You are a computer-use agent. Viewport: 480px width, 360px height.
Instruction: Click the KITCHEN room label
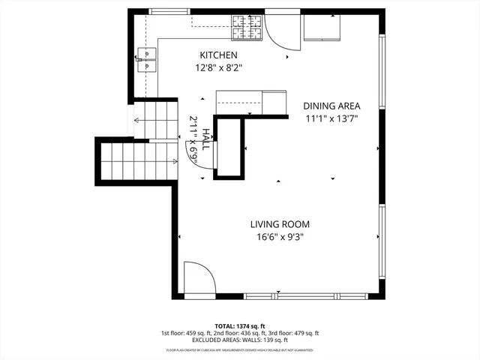pyautogui.click(x=218, y=55)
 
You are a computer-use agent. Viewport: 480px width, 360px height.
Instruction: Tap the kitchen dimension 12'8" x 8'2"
pyautogui.click(x=218, y=67)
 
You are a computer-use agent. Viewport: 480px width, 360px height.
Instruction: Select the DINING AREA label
pyautogui.click(x=332, y=106)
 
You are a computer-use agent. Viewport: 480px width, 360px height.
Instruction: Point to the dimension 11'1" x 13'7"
pyautogui.click(x=331, y=118)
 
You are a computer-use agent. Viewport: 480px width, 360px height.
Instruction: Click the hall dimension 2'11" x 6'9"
pyautogui.click(x=193, y=139)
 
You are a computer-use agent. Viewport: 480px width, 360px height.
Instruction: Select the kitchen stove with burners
pyautogui.click(x=247, y=28)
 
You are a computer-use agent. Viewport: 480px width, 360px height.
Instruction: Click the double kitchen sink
pyautogui.click(x=147, y=59)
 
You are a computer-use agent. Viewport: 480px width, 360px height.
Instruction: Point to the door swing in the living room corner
pyautogui.click(x=199, y=279)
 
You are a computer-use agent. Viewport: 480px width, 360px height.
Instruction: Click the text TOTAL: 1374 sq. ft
pyautogui.click(x=240, y=326)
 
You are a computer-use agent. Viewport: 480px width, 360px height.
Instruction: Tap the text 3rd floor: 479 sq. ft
pyautogui.click(x=295, y=333)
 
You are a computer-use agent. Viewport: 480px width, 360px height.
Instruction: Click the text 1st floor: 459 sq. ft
pyautogui.click(x=185, y=333)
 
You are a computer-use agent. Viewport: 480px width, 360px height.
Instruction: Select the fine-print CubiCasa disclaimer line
pyautogui.click(x=240, y=349)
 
